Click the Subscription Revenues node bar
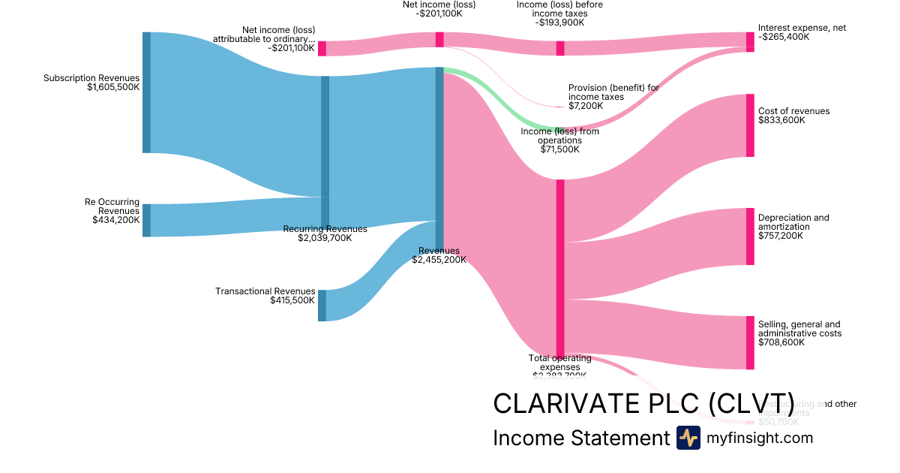pos(146,92)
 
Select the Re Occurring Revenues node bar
pos(146,220)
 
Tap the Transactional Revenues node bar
pos(322,306)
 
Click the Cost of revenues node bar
pos(750,125)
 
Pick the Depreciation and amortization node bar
pos(750,236)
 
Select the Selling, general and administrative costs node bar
pos(750,343)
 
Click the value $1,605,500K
pos(113,87)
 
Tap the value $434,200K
pos(116,220)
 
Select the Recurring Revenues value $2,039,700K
pos(324,238)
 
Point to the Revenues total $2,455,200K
pos(439,260)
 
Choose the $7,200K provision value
pos(586,106)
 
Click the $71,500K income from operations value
pos(559,149)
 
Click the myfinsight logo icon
pos(688,438)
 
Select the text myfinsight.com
pos(760,438)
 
